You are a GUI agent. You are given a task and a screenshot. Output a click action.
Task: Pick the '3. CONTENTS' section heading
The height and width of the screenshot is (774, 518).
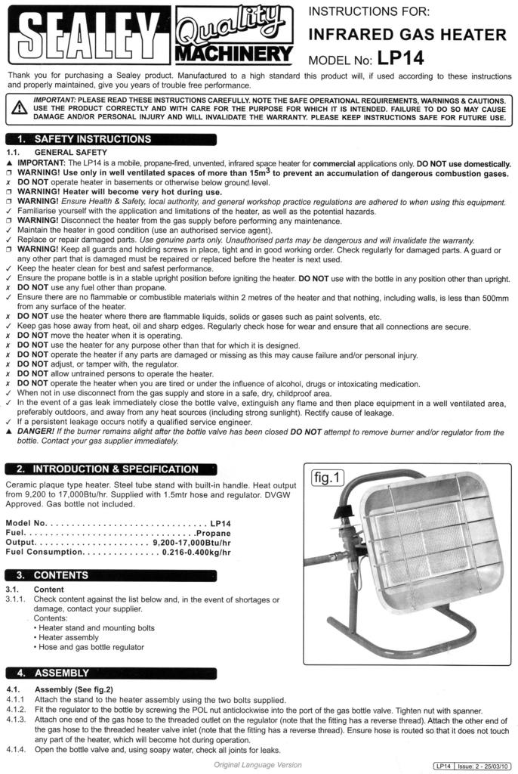[60, 575]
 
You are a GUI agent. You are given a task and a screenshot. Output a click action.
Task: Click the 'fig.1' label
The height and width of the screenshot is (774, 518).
[327, 478]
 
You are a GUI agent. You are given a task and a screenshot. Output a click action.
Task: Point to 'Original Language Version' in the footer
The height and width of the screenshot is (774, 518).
[257, 766]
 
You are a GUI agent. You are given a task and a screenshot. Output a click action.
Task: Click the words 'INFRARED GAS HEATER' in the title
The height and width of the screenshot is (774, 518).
[408, 35]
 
